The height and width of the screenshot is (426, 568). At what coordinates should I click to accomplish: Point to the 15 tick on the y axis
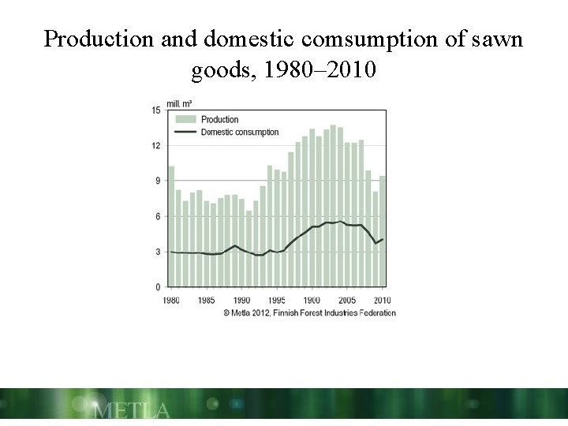156,110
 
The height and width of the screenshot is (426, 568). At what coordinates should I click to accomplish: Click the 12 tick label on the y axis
156,146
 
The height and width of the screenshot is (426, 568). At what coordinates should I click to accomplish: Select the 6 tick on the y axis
158,217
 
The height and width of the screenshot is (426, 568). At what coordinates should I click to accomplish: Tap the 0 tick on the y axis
158,287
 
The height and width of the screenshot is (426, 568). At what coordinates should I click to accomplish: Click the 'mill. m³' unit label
179,103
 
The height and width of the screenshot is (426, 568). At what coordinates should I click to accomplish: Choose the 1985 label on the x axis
207,301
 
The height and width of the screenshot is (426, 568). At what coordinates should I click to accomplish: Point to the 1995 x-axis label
276,301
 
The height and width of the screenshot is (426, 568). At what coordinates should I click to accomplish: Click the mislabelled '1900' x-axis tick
312,301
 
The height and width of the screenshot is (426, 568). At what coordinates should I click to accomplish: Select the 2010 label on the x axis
382,301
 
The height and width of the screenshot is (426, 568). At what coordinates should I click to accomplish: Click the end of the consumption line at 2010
383,238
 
